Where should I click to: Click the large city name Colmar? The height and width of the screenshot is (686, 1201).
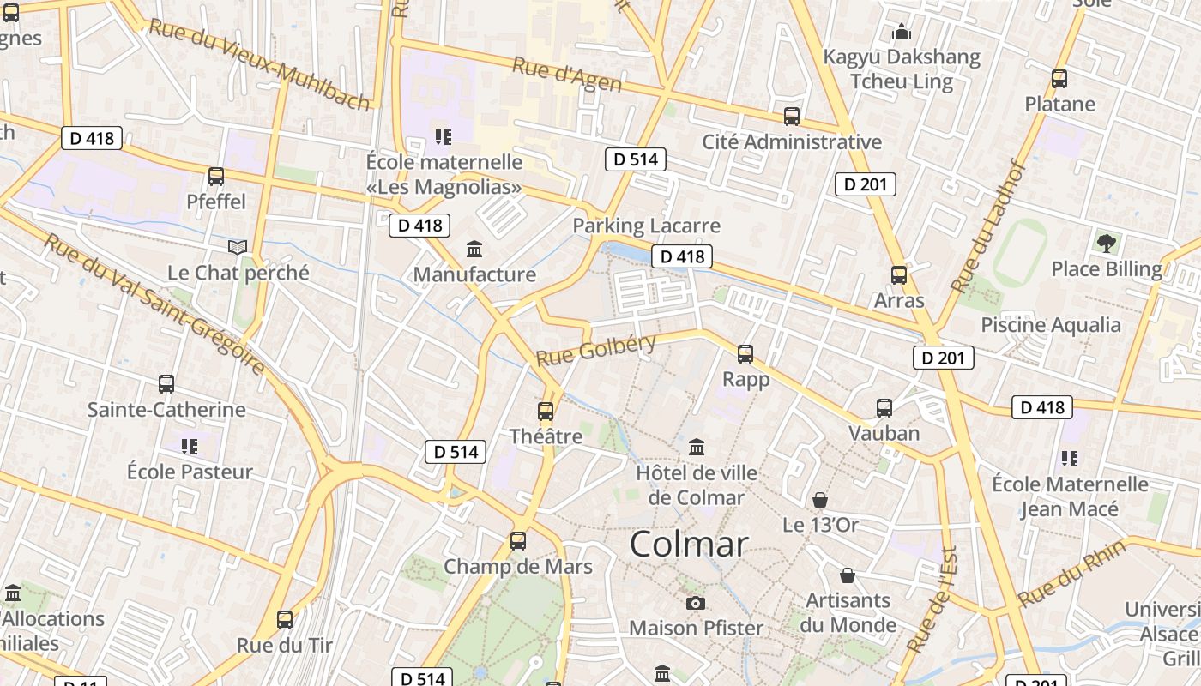point(689,545)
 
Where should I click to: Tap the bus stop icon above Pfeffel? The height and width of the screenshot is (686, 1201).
point(216,177)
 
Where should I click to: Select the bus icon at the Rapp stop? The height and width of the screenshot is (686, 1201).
point(745,354)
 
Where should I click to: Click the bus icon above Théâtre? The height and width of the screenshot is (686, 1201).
point(546,412)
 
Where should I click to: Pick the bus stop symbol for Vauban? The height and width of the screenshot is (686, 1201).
point(884,408)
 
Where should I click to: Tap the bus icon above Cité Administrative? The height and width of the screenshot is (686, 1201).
point(792,117)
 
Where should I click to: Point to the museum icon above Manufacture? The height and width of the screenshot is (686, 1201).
point(474,250)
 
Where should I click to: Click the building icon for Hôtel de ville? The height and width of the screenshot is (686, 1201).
point(697,448)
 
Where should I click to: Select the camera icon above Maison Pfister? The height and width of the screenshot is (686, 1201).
point(696,603)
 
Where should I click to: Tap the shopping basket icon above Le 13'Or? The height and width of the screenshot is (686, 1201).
point(820,500)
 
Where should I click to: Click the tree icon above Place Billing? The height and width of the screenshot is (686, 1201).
point(1107,243)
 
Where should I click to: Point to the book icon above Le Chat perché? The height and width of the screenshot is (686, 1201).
point(238,248)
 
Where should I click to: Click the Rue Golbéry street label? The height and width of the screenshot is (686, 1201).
point(596,349)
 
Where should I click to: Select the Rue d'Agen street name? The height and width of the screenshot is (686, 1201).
point(567,74)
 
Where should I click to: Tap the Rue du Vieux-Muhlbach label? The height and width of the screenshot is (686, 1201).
point(259,63)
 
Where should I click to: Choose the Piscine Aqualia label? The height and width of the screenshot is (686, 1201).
point(1051,325)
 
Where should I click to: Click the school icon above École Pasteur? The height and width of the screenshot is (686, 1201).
point(190,447)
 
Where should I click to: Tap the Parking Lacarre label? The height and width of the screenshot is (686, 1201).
point(646,226)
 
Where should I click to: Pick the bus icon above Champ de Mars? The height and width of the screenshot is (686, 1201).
point(518,541)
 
